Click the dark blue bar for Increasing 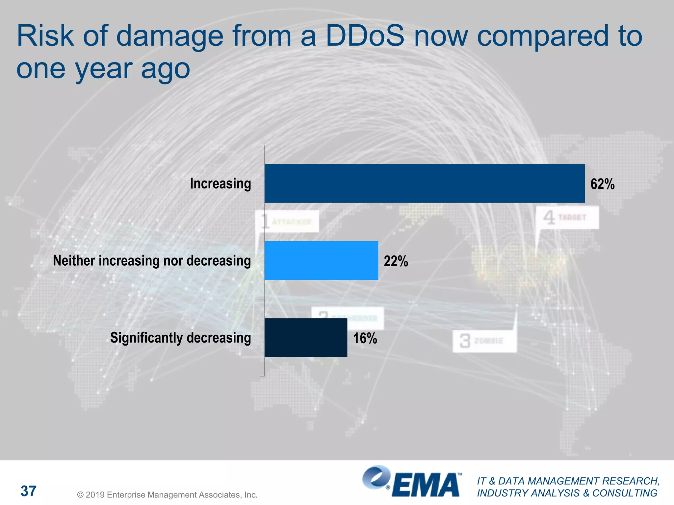pos(425,183)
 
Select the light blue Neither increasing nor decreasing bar pos(321,261)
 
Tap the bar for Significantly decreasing pos(306,338)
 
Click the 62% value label pos(602,184)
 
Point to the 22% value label pos(396,261)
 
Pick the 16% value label pos(365,338)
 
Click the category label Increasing pos(220,183)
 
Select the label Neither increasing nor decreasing pos(152,261)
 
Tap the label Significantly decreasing pos(180,338)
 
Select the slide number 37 pos(28,491)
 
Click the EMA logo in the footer pos(411,482)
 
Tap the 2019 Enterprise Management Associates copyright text pos(167,495)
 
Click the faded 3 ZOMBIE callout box pos(484,341)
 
